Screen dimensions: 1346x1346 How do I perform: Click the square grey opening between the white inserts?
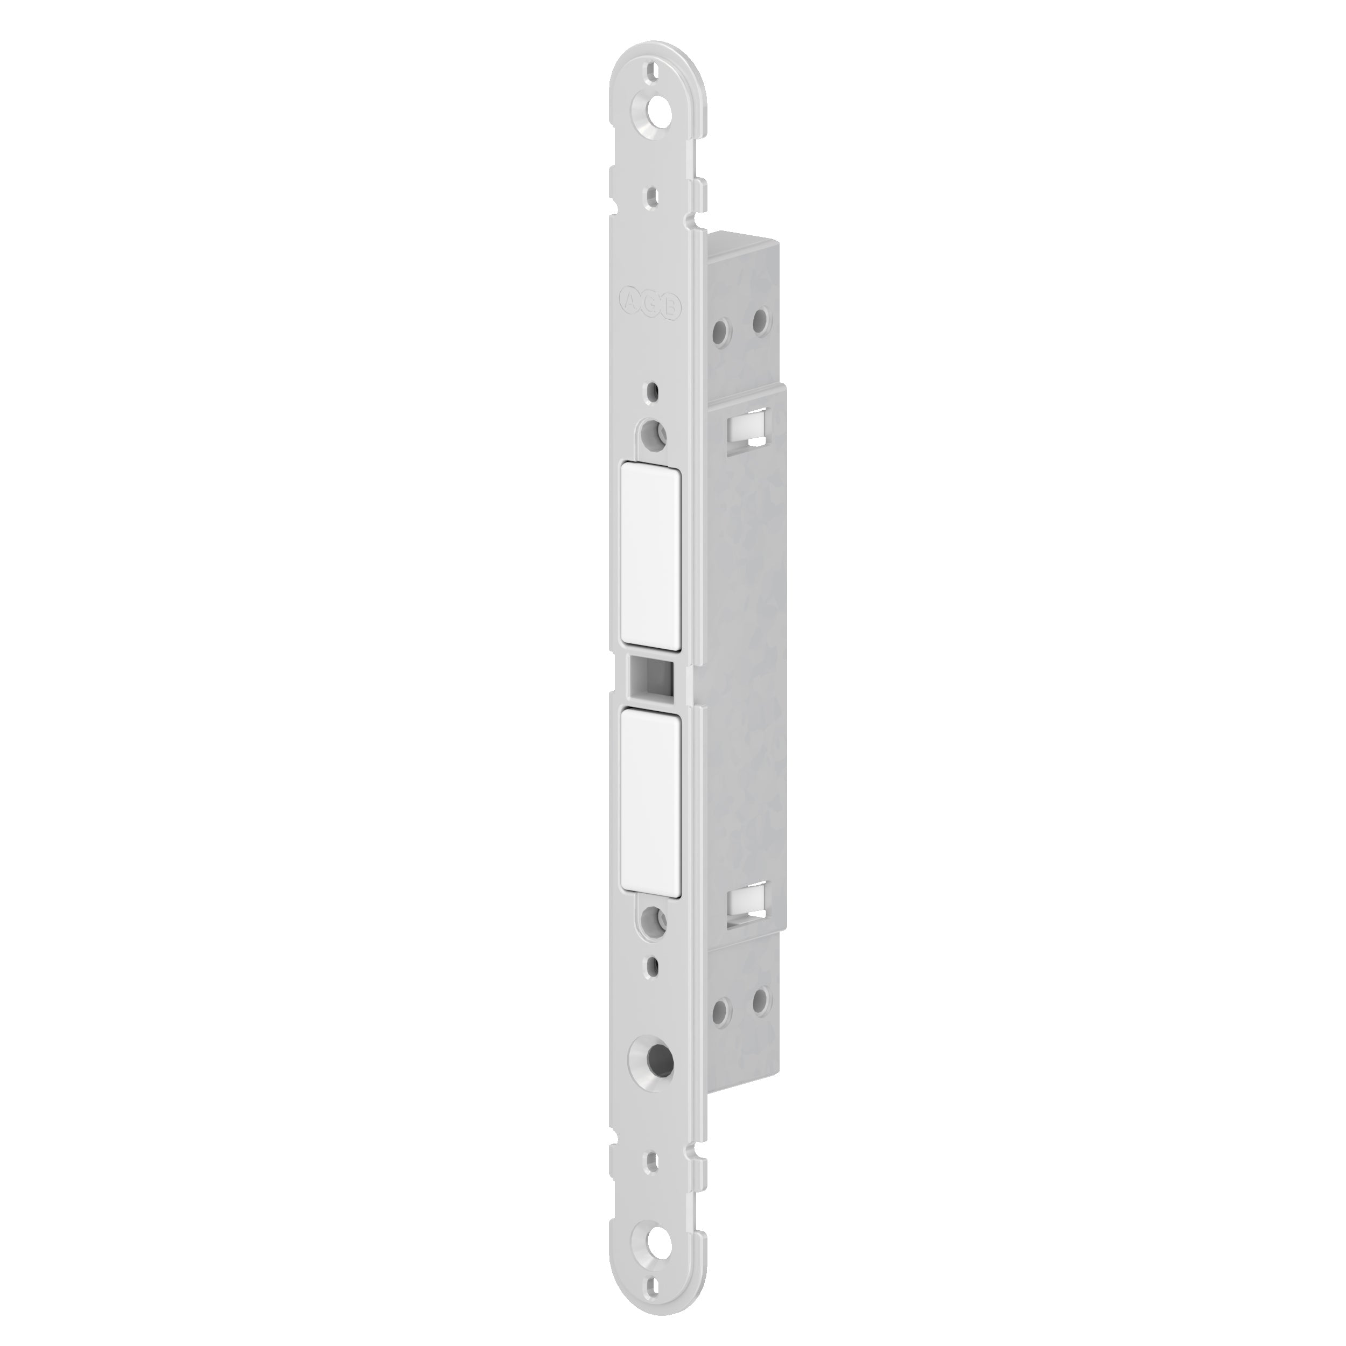click(651, 675)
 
